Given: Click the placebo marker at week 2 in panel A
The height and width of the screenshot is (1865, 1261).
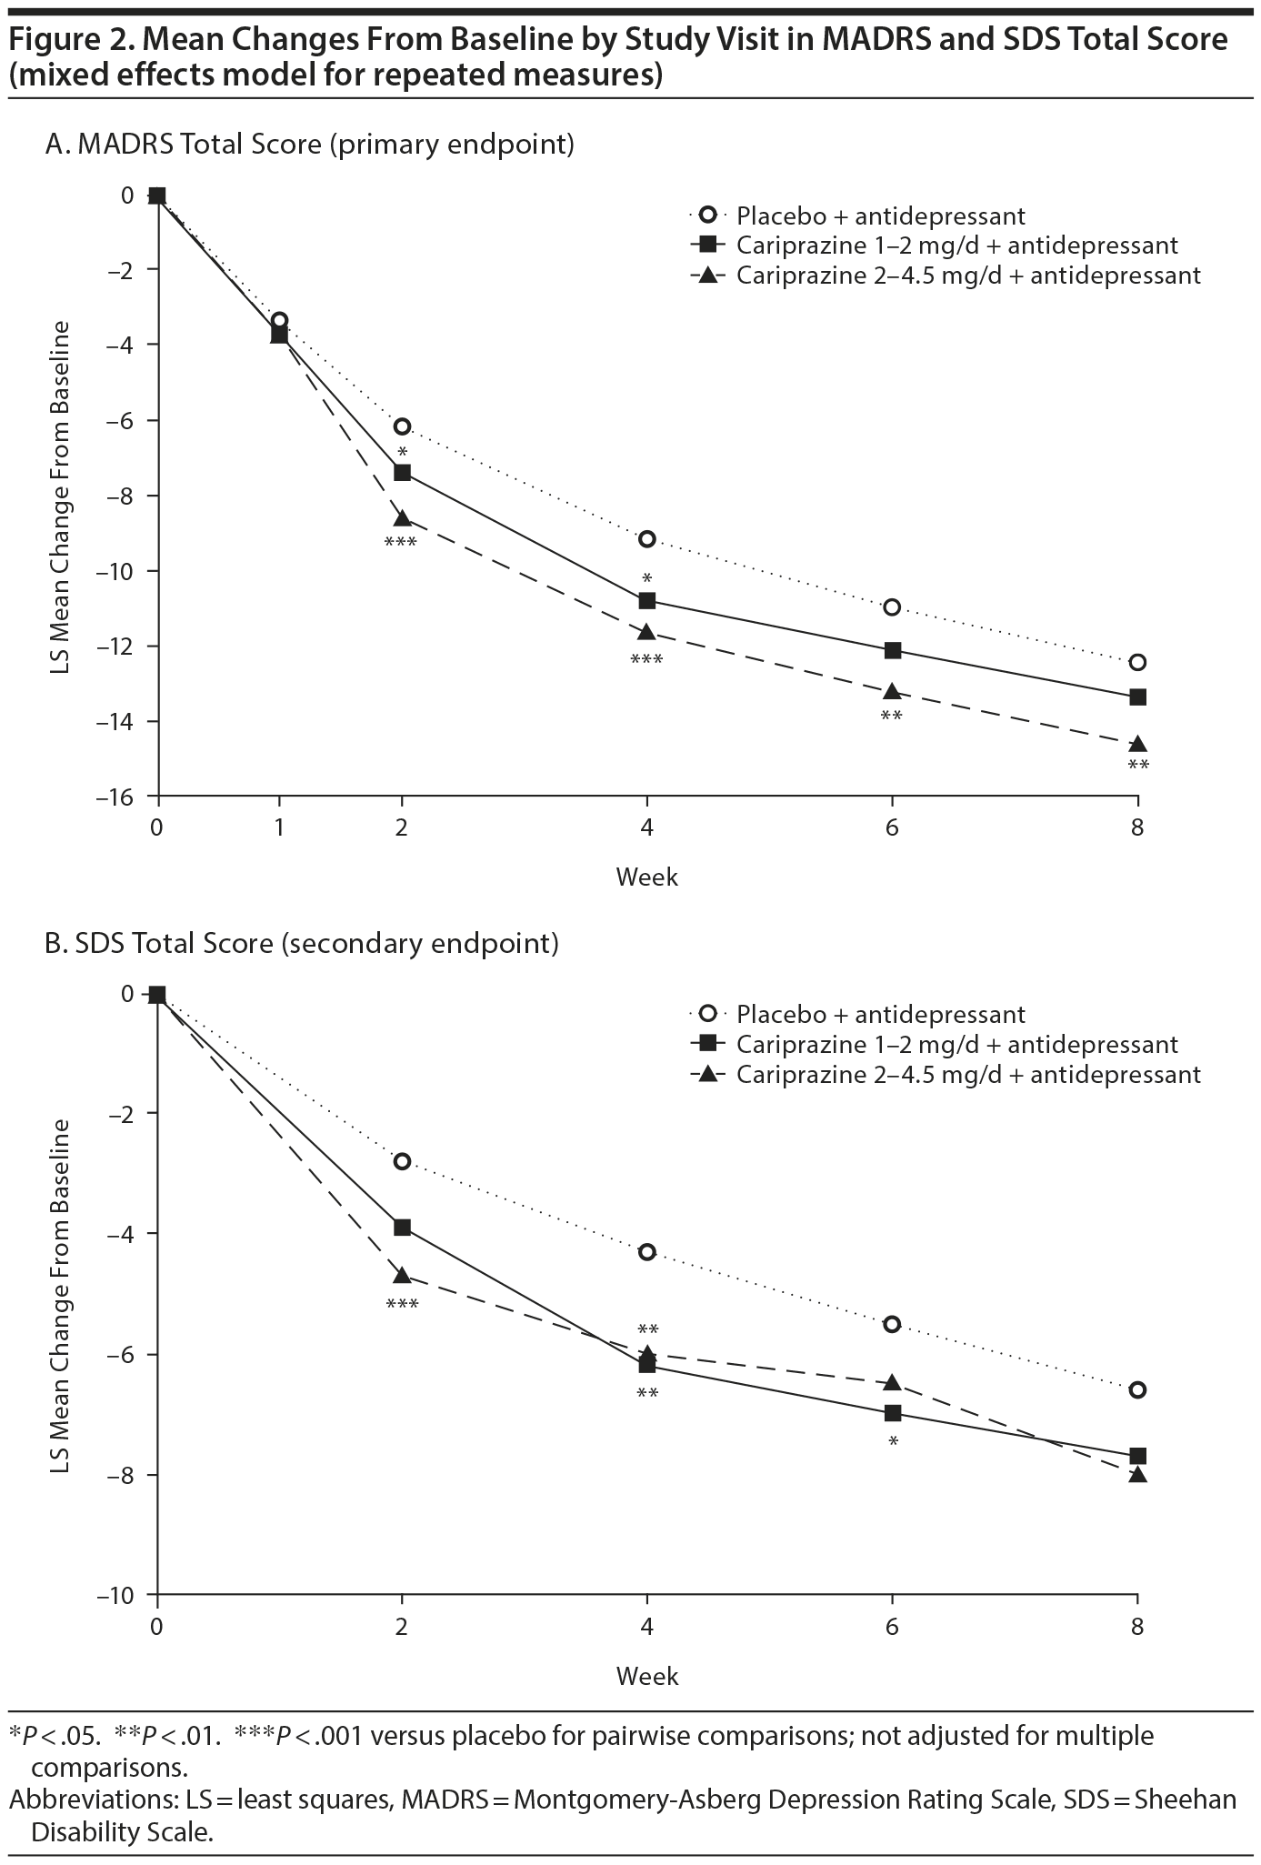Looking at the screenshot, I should pos(402,426).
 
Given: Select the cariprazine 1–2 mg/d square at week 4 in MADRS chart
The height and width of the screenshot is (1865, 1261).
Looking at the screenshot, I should pos(647,600).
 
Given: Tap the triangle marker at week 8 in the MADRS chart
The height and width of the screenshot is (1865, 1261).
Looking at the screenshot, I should pos(1137,745).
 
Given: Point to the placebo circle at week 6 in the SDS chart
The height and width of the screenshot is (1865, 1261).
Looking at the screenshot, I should pos(892,1324).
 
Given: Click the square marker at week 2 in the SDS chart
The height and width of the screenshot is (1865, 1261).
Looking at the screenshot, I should pos(402,1228).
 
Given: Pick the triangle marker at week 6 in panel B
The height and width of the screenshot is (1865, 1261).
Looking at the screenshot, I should pos(892,1383).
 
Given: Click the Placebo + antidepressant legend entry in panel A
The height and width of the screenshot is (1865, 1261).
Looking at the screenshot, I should pos(880,216).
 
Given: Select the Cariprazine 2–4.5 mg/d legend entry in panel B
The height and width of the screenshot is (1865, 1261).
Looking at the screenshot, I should pos(967,1075).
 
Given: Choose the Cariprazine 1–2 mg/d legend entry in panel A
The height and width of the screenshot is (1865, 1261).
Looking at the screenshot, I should pos(956,246).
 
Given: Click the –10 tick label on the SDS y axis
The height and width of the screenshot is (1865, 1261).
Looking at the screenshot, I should pos(125,1595).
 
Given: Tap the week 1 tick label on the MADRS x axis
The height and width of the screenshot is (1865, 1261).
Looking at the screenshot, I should pos(279,828).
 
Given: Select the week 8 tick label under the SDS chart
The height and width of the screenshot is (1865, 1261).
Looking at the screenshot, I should pos(1137,1627).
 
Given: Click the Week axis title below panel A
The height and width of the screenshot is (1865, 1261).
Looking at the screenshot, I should pos(646,877).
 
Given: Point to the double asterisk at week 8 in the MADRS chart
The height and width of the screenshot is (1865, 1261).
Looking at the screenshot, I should pos(1137,766).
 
